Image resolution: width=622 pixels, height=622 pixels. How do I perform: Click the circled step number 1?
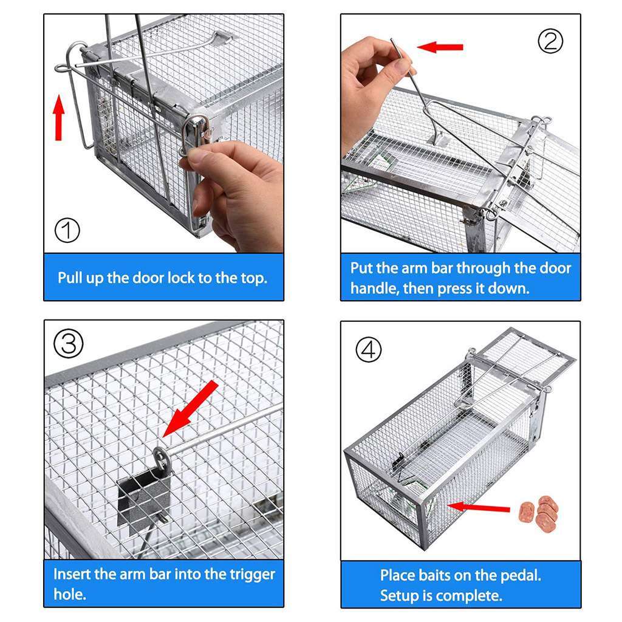point(67,230)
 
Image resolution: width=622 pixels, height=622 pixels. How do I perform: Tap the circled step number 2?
point(551,41)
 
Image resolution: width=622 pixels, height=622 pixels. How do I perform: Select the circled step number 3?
point(69,344)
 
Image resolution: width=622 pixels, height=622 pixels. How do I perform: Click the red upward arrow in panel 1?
point(59,117)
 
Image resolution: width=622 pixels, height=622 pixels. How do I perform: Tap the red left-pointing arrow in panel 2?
point(440,47)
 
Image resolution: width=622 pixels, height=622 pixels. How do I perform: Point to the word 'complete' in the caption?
point(471,596)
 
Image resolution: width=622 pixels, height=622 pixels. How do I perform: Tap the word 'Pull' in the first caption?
point(70,278)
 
